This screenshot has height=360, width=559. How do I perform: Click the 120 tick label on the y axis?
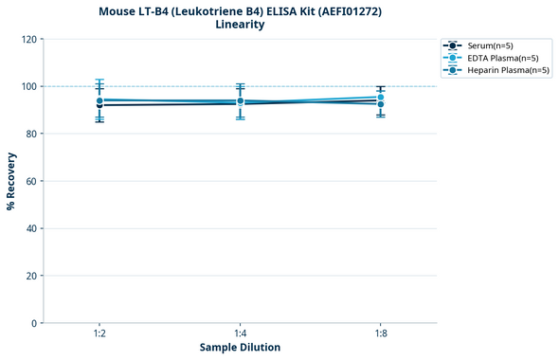coord(28,39)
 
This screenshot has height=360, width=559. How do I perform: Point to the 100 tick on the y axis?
coord(28,86)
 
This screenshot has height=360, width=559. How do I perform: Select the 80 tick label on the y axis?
coord(31,134)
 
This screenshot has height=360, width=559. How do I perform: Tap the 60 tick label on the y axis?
coord(31,181)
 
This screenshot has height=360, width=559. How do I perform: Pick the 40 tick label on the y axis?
coord(31,228)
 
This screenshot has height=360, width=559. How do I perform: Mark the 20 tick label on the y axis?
coord(31,276)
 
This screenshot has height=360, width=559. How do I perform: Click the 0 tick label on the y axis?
coord(34,323)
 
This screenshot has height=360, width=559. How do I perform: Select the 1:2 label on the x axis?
coord(99,334)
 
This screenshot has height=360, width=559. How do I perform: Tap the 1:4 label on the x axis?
coord(240,334)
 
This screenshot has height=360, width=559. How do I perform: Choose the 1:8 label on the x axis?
coord(380,334)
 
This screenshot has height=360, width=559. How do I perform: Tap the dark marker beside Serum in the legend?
coord(454,45)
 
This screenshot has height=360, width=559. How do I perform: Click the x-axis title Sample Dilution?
coord(240,348)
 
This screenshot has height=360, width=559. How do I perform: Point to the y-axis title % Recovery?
coord(11,181)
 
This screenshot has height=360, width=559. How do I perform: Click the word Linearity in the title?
coord(240,25)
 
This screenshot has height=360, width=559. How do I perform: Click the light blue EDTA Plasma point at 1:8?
coord(380,98)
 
